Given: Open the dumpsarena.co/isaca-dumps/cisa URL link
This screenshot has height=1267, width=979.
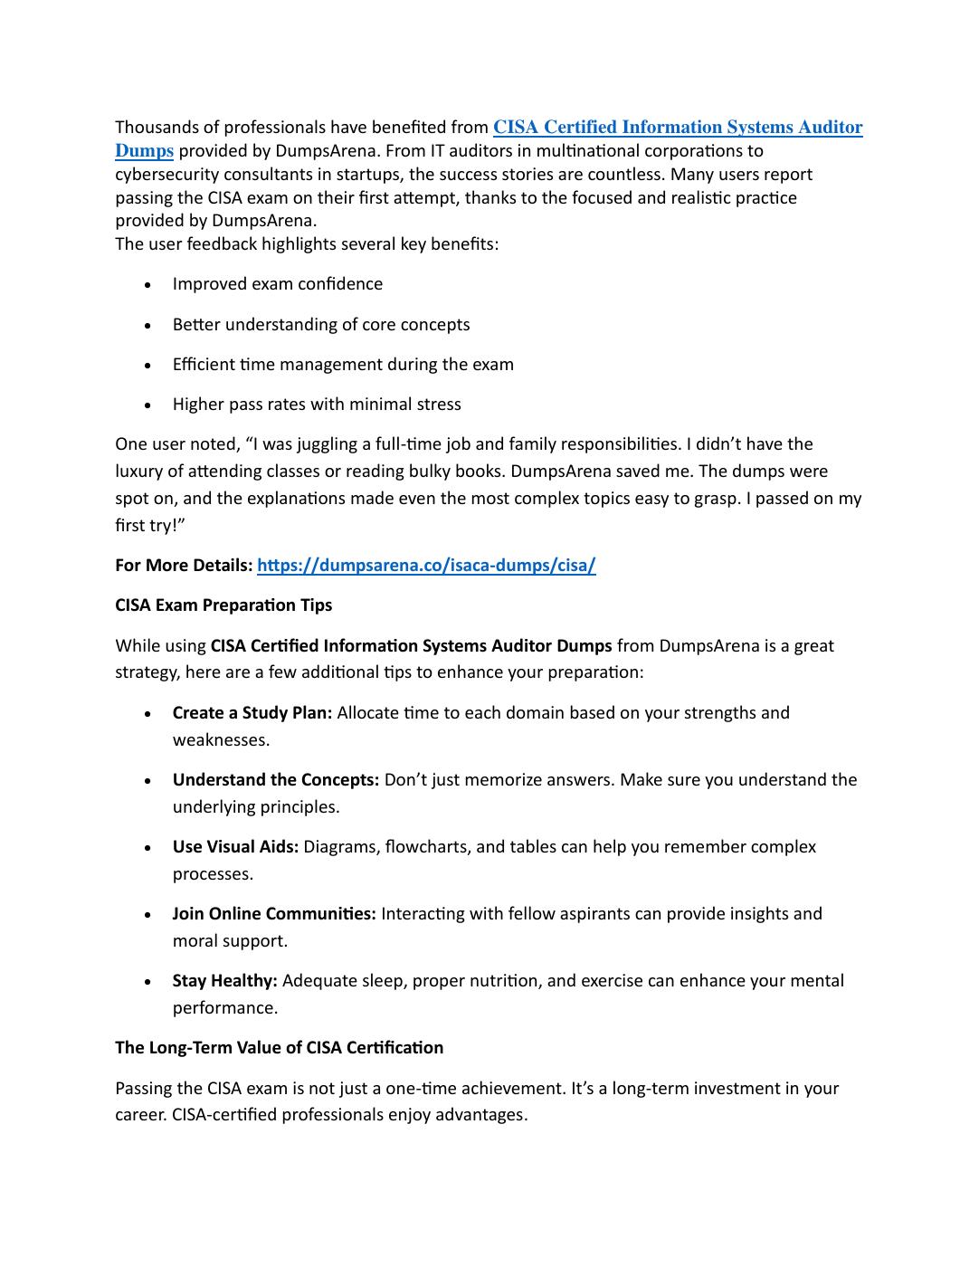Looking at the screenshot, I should tap(426, 566).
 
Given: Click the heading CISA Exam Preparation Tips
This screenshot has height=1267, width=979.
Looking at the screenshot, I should tap(223, 605).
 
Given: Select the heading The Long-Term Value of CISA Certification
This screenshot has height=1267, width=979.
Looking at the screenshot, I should tap(279, 1048).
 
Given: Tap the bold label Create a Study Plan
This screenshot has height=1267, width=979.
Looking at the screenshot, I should tap(252, 713).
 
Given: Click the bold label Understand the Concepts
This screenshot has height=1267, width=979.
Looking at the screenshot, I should tap(276, 780).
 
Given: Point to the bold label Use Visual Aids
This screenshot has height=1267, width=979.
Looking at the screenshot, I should tap(235, 847).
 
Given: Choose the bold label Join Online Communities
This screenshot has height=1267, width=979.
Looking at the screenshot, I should tap(274, 914).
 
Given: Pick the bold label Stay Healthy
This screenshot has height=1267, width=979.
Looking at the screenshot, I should tap(224, 981).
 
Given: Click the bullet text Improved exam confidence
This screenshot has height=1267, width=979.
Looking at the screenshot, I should tap(278, 284).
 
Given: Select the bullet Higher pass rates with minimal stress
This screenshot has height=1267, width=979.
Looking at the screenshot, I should tap(317, 405).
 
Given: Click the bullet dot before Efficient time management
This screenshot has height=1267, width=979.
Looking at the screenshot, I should tap(147, 366).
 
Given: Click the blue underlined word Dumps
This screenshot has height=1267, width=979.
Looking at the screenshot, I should tap(144, 151).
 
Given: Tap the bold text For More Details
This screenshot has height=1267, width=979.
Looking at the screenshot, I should tap(184, 566).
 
